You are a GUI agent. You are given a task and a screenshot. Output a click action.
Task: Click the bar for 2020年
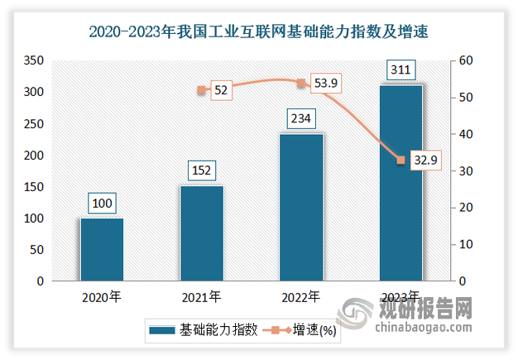tap(102, 250)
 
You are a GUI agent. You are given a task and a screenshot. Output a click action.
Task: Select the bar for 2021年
tap(202, 233)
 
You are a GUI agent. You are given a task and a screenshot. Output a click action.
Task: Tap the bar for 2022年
tap(302, 208)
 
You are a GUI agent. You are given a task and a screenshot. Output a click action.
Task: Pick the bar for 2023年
tap(401, 183)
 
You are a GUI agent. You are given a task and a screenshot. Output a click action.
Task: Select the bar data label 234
tap(302, 119)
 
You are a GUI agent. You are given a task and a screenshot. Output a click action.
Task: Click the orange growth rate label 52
tap(221, 90)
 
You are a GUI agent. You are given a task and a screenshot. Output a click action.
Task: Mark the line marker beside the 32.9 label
tap(401, 160)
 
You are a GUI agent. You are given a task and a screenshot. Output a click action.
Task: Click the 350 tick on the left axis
tap(35, 61)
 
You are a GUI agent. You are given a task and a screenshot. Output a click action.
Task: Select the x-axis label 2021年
tap(202, 296)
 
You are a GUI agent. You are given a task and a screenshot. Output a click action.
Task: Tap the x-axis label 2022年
tap(302, 296)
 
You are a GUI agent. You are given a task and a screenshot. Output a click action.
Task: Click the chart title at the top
tap(258, 33)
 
